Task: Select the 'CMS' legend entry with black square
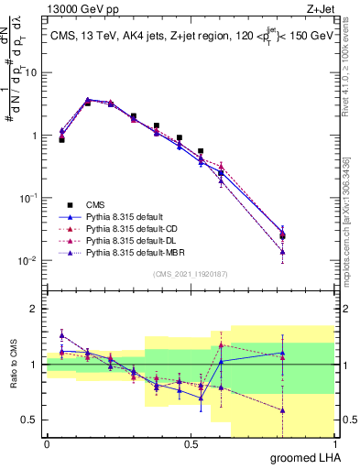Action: tap(97, 204)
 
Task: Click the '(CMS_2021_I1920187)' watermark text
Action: tap(191, 274)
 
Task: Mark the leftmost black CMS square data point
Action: tap(61, 139)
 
